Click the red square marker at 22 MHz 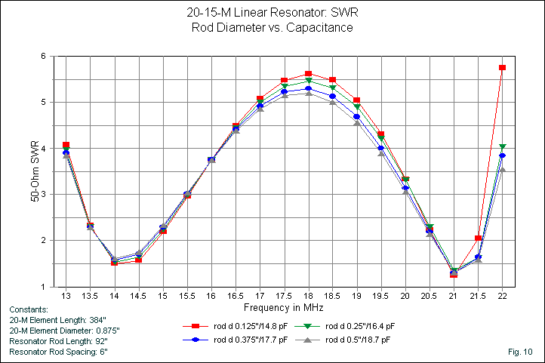click(x=502, y=68)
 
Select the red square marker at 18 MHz click(x=308, y=74)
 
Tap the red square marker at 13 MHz click(x=66, y=145)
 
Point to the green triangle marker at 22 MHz click(x=502, y=147)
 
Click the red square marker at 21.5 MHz click(x=478, y=238)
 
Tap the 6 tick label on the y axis click(x=44, y=57)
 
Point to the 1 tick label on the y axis click(x=44, y=287)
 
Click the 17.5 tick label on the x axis click(x=284, y=297)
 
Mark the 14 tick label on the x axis click(x=115, y=297)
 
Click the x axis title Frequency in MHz click(x=284, y=308)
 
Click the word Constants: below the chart click(x=29, y=309)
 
